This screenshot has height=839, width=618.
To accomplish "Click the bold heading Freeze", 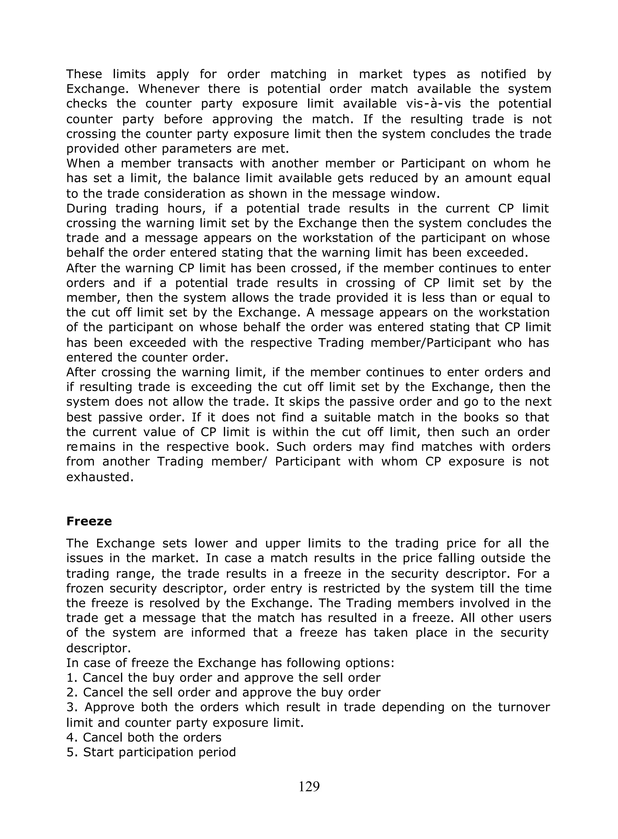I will coord(89,521).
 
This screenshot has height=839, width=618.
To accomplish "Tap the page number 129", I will coord(309,786).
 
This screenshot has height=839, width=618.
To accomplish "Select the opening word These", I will coord(84,74).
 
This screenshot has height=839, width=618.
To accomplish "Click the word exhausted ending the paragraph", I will coord(100,477).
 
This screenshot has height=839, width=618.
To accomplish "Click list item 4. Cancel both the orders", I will coord(144,737).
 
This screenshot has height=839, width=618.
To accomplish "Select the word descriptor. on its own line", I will coord(98,648).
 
